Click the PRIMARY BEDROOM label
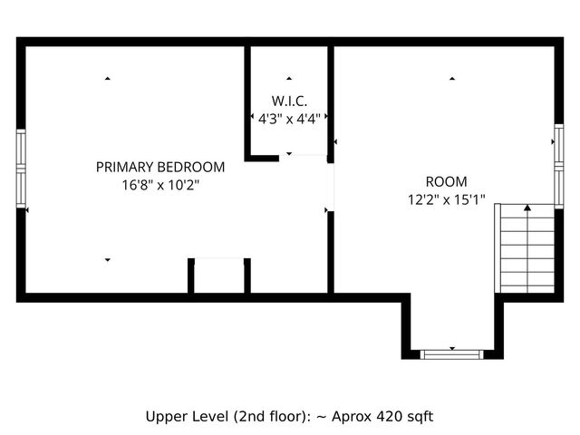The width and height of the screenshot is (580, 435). (x=160, y=167)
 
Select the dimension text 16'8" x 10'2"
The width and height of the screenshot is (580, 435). (x=160, y=184)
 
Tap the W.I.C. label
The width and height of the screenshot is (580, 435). (x=289, y=100)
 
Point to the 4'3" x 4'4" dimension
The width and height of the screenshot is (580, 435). (x=289, y=118)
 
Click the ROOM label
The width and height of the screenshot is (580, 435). (x=446, y=181)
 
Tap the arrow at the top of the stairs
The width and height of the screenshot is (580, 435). (x=527, y=209)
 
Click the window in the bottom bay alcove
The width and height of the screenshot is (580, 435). (x=452, y=353)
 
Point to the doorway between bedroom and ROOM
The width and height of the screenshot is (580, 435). (x=331, y=186)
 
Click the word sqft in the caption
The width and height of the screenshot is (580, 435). (x=418, y=417)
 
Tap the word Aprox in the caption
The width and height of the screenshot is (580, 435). (x=348, y=417)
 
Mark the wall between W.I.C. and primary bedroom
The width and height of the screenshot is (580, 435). (x=247, y=101)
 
